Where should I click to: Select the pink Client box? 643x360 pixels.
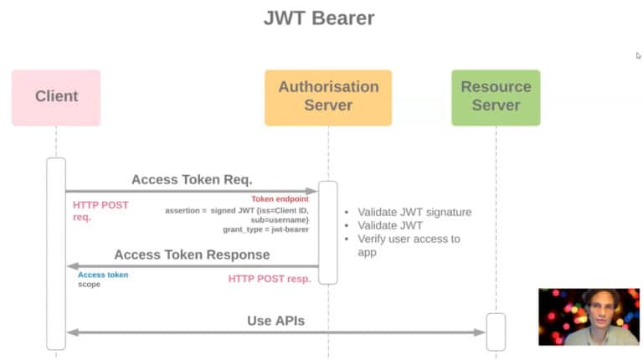point(56,97)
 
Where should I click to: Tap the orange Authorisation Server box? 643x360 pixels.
point(327,97)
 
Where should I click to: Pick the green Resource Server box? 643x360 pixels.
point(496,97)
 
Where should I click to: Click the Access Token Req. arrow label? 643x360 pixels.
point(192,179)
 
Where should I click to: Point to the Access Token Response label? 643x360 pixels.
point(192,255)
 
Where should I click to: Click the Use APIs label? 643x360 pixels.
point(275,321)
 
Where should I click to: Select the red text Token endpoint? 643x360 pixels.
point(280,199)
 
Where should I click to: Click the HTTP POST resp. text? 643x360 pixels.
point(270,278)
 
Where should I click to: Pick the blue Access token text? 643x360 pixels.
point(103,275)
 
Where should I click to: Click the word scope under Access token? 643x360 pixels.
point(89,285)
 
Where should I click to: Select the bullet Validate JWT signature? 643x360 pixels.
point(414,212)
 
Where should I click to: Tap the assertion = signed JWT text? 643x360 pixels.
point(237,210)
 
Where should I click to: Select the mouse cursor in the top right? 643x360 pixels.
point(638,56)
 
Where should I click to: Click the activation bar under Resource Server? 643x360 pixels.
point(496,332)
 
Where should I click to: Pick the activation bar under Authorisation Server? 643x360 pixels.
point(328,232)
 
